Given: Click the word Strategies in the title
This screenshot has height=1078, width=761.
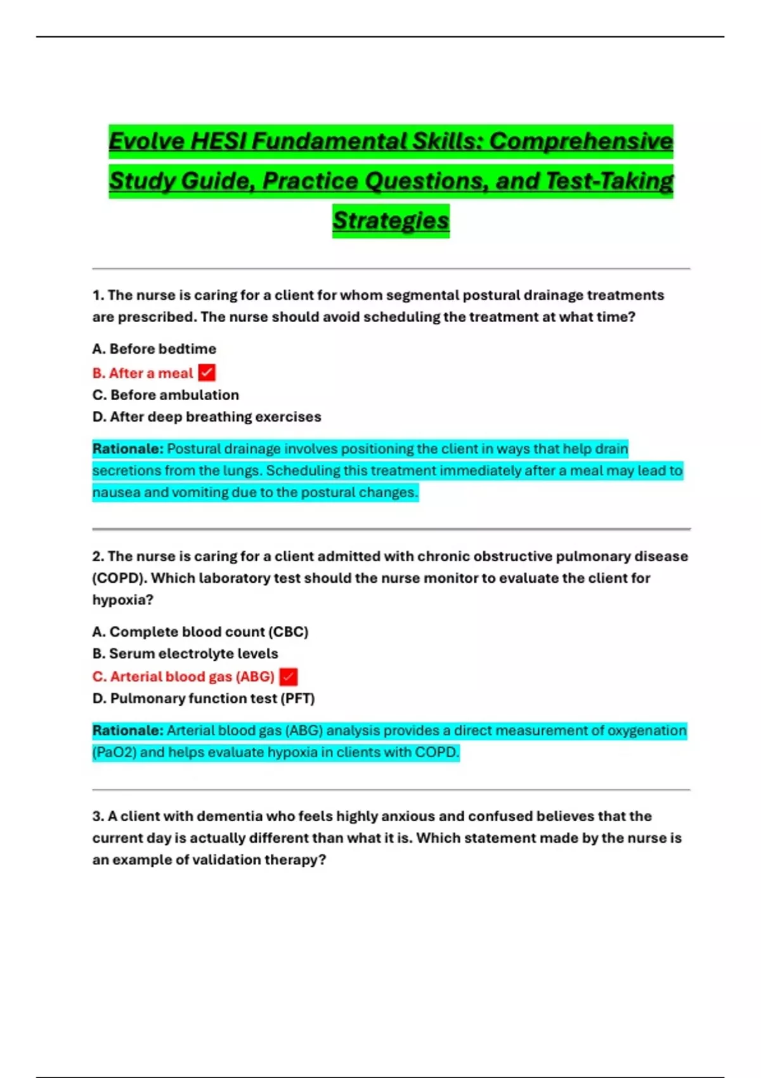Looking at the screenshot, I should (391, 221).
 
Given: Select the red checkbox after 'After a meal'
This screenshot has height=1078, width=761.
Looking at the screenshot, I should (207, 373).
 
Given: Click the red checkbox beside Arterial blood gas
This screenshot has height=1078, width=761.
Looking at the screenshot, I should (288, 677).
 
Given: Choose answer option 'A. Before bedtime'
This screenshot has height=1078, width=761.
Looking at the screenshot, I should (154, 349).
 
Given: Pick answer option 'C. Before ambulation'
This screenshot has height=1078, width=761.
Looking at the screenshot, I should (166, 395).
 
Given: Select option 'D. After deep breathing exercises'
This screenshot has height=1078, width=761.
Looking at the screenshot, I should (207, 417).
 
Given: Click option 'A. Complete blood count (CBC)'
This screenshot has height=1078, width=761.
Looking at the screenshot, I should (200, 632).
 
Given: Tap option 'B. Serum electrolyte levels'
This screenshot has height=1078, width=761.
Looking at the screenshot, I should (185, 654).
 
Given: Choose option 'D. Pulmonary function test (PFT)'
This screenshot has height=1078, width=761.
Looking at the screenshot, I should (204, 698).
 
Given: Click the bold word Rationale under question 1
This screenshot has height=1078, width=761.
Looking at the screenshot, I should (127, 449).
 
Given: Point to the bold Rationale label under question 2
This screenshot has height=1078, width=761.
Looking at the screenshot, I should (127, 731).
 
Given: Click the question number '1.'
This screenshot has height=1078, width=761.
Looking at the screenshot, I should (98, 295).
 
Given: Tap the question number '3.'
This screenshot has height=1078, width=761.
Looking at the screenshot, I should (98, 816).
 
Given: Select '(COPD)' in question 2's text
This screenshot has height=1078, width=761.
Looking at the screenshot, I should (119, 578).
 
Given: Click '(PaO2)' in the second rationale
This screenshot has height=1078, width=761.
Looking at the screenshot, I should (114, 753).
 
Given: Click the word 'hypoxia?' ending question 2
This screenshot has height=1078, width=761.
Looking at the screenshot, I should (122, 600).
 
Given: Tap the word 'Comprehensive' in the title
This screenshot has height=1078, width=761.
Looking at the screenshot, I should (581, 141).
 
